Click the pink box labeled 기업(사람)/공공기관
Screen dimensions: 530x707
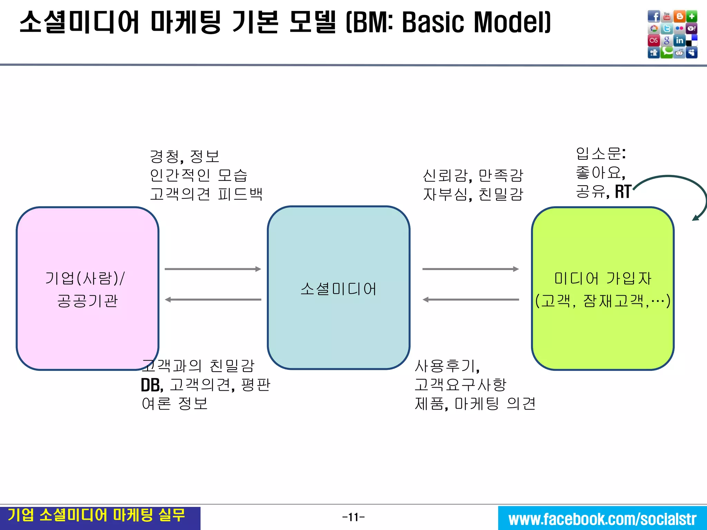click(x=87, y=288)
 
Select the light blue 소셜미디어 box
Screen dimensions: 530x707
click(x=338, y=288)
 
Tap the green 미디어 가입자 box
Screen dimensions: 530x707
click(x=602, y=288)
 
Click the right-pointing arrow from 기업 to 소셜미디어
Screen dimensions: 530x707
click(x=213, y=269)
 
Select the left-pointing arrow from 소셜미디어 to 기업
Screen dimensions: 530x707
click(x=213, y=300)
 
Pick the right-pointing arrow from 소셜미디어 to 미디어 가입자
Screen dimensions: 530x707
click(x=471, y=269)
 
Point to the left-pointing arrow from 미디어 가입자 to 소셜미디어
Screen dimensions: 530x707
click(x=471, y=300)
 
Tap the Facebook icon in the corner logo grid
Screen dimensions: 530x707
click(x=654, y=16)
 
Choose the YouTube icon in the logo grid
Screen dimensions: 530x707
click(x=667, y=16)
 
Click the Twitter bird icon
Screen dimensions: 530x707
click(x=667, y=29)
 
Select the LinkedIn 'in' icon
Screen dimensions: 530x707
click(x=679, y=41)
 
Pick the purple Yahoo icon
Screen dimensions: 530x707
click(x=692, y=29)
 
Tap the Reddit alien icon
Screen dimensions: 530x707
click(x=679, y=53)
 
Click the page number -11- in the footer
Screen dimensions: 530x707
click(x=353, y=517)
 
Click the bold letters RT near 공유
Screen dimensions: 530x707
click(x=623, y=192)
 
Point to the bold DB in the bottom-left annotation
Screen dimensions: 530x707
click(x=151, y=385)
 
